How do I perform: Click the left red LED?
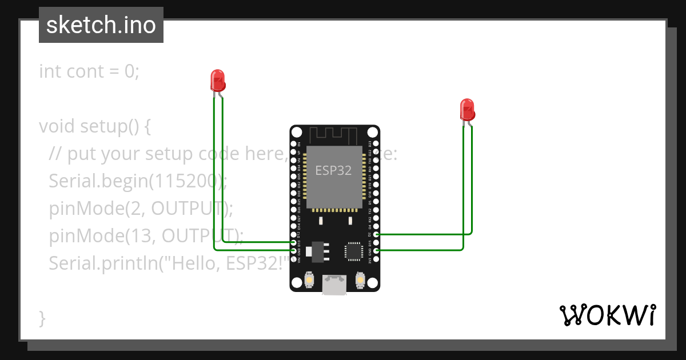pos(218,81)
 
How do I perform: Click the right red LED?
pos(467,109)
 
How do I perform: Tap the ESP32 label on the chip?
pos(333,170)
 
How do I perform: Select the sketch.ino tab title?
pos(101,26)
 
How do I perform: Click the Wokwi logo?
pos(607,315)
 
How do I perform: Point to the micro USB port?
pos(334,284)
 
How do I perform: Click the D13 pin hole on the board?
pos(294,242)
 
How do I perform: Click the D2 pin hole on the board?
pos(376,234)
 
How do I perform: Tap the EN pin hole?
pos(294,144)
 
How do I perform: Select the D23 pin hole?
pos(376,144)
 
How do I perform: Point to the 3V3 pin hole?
pos(376,259)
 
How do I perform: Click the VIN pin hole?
pos(294,259)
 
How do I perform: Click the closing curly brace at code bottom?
pos(42,318)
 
